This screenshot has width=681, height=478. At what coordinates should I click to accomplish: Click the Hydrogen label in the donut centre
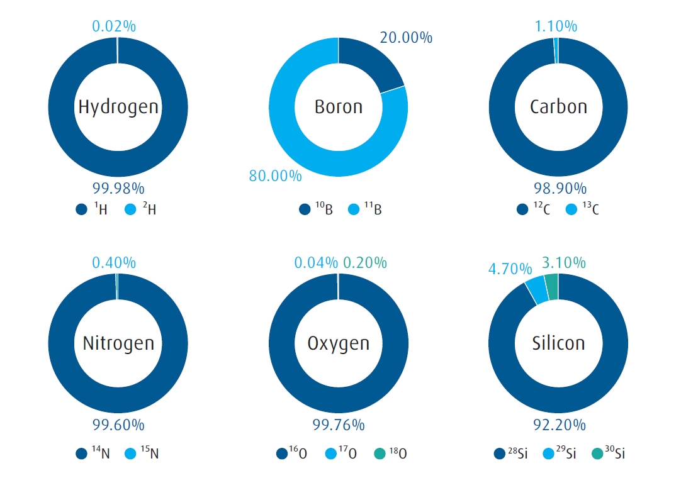(118, 107)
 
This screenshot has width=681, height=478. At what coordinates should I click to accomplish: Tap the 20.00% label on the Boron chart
(405, 38)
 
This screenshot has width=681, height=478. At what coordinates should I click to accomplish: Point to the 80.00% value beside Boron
(275, 175)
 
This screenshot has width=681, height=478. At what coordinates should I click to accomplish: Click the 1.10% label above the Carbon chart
(556, 26)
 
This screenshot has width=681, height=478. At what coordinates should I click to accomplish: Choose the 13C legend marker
(572, 209)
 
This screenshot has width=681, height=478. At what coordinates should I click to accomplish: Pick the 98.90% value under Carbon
(558, 188)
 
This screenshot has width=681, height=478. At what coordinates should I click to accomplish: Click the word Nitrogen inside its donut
(118, 343)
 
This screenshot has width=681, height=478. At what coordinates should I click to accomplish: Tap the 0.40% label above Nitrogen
(114, 263)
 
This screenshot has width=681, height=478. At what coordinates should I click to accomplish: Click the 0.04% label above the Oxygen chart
(317, 263)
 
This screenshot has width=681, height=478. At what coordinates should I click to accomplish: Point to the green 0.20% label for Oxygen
(365, 263)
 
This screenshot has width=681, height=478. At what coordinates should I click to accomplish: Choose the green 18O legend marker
(379, 453)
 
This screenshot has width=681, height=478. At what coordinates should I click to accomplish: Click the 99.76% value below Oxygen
(339, 425)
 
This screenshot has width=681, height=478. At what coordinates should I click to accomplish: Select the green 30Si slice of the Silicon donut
(551, 286)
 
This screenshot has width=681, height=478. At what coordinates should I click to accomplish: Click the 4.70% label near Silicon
(510, 269)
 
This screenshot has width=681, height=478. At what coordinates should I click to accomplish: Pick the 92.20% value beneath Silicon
(558, 425)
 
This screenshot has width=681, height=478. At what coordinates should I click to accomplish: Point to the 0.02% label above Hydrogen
(114, 26)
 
